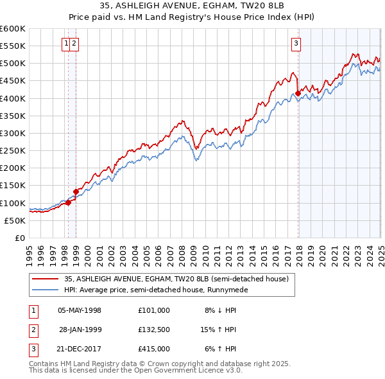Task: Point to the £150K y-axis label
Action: click(13, 185)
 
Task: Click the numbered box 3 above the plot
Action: click(296, 44)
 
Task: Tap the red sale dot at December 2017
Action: click(298, 93)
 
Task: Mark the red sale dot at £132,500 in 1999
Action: click(76, 191)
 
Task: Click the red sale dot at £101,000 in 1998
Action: click(68, 202)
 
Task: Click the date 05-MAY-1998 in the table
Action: click(80, 310)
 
